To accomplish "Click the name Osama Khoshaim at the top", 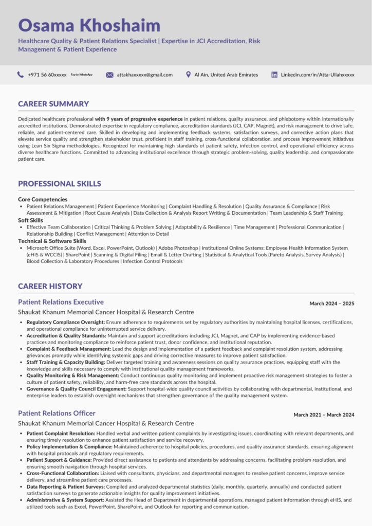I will pos(89,25).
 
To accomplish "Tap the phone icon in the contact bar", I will pos(21,74).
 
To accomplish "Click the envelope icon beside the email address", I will pos(109,75).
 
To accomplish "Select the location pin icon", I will pos(189,74).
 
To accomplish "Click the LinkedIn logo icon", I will pos(274,74).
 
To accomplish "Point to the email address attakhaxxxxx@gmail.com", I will pos(144,75).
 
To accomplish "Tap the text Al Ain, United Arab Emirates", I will pos(226,75).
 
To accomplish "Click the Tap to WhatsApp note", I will pos(81,74).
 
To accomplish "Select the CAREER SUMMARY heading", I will pos(53,104).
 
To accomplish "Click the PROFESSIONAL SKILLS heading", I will pos(60,184).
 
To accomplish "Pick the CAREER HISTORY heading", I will pos(50,286).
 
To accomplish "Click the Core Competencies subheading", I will pos(43,199).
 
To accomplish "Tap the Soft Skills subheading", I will pos(30,220).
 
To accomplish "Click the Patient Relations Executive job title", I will pos(61,302).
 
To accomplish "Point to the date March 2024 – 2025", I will pos(331,304).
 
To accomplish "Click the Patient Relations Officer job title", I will pos(57,413).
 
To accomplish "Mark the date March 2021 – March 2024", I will pos(324,415).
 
